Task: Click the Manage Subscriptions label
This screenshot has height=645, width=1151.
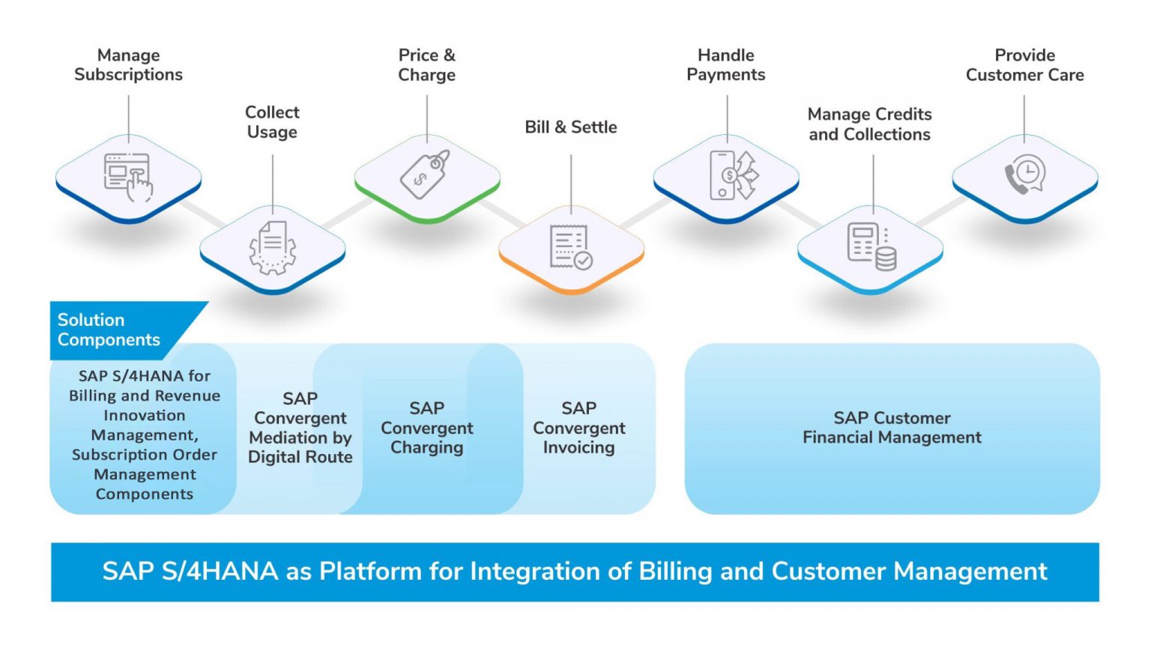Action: tap(128, 65)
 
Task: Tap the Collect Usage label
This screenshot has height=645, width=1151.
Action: tap(272, 122)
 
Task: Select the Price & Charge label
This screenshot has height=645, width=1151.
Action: tap(426, 65)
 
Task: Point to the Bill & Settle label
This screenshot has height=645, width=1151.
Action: tap(570, 127)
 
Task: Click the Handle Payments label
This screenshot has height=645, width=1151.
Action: tap(725, 65)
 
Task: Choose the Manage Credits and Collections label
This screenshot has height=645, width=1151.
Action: tap(869, 124)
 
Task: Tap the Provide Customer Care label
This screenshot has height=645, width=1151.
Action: tap(1024, 65)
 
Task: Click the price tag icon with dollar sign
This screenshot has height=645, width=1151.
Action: tap(425, 175)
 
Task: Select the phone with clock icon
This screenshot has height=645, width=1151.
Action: tap(1024, 175)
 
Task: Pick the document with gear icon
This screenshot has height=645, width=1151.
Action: tap(272, 247)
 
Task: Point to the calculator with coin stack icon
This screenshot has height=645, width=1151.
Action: tap(871, 246)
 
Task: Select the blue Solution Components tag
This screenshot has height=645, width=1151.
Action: tap(112, 330)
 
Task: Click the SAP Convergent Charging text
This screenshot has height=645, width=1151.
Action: tap(426, 428)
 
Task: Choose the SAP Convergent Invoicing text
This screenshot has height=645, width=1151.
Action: tap(578, 428)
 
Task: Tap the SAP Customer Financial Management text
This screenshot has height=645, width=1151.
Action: tap(892, 428)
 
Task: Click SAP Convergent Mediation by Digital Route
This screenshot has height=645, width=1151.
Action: tap(300, 428)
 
